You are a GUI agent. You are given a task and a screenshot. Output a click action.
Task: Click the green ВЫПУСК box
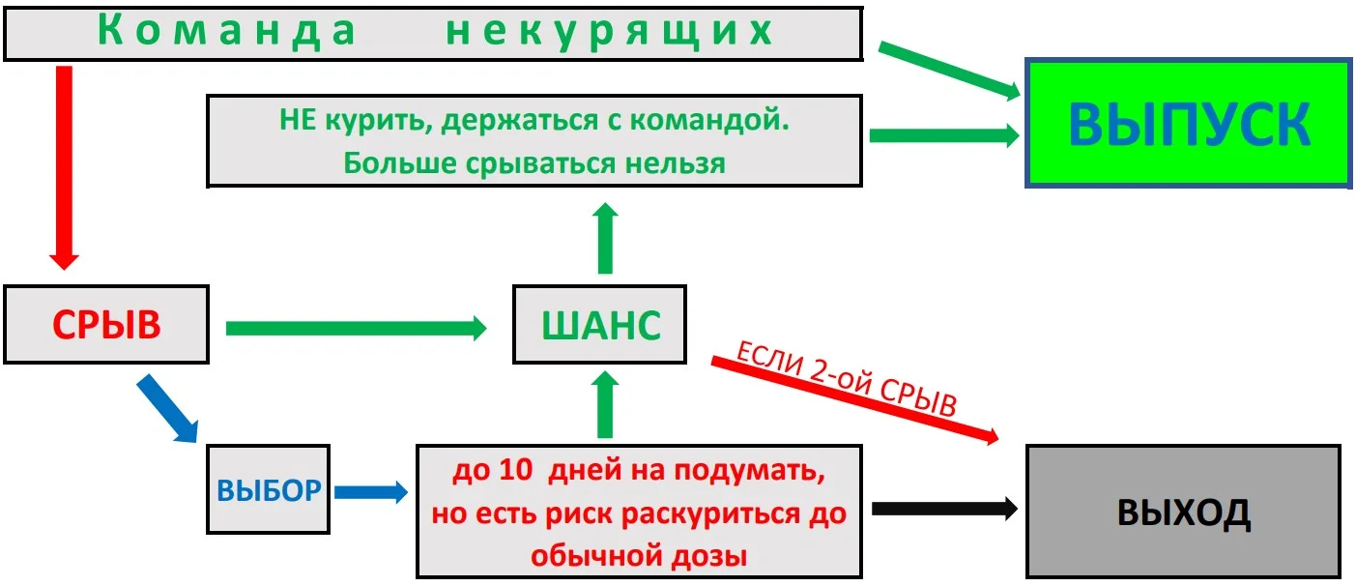click(x=1189, y=124)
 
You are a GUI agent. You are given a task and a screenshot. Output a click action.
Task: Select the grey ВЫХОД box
click(x=1183, y=513)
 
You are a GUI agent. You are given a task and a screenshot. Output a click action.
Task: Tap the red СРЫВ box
click(x=106, y=325)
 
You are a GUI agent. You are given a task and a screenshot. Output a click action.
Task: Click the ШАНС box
click(x=600, y=325)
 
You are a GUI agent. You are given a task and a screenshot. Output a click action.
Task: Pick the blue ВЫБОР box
click(x=269, y=490)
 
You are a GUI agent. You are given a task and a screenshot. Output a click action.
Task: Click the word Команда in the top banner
click(x=228, y=32)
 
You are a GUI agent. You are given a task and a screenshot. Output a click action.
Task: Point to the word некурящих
click(x=610, y=32)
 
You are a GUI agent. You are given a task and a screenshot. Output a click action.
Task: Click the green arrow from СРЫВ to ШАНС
click(x=355, y=328)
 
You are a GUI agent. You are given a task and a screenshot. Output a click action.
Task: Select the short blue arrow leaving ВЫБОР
click(x=370, y=492)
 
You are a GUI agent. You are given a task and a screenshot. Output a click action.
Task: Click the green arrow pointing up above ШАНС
click(x=605, y=239)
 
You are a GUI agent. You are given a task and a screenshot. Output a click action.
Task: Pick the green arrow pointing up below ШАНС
click(x=605, y=407)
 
